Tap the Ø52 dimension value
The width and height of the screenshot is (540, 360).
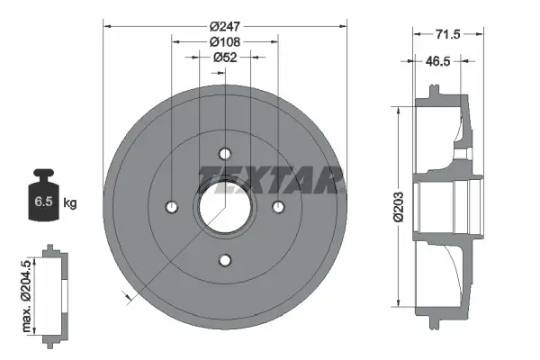tap(224, 58)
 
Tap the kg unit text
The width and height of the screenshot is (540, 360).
tap(70, 203)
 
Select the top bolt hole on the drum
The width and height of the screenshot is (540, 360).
tap(225, 153)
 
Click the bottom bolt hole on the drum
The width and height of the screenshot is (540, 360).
tap(225, 261)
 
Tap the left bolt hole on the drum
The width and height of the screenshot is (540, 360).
tap(171, 207)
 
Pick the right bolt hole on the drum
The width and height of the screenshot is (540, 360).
tap(278, 207)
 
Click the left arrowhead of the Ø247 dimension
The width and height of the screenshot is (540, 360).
tap(107, 26)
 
